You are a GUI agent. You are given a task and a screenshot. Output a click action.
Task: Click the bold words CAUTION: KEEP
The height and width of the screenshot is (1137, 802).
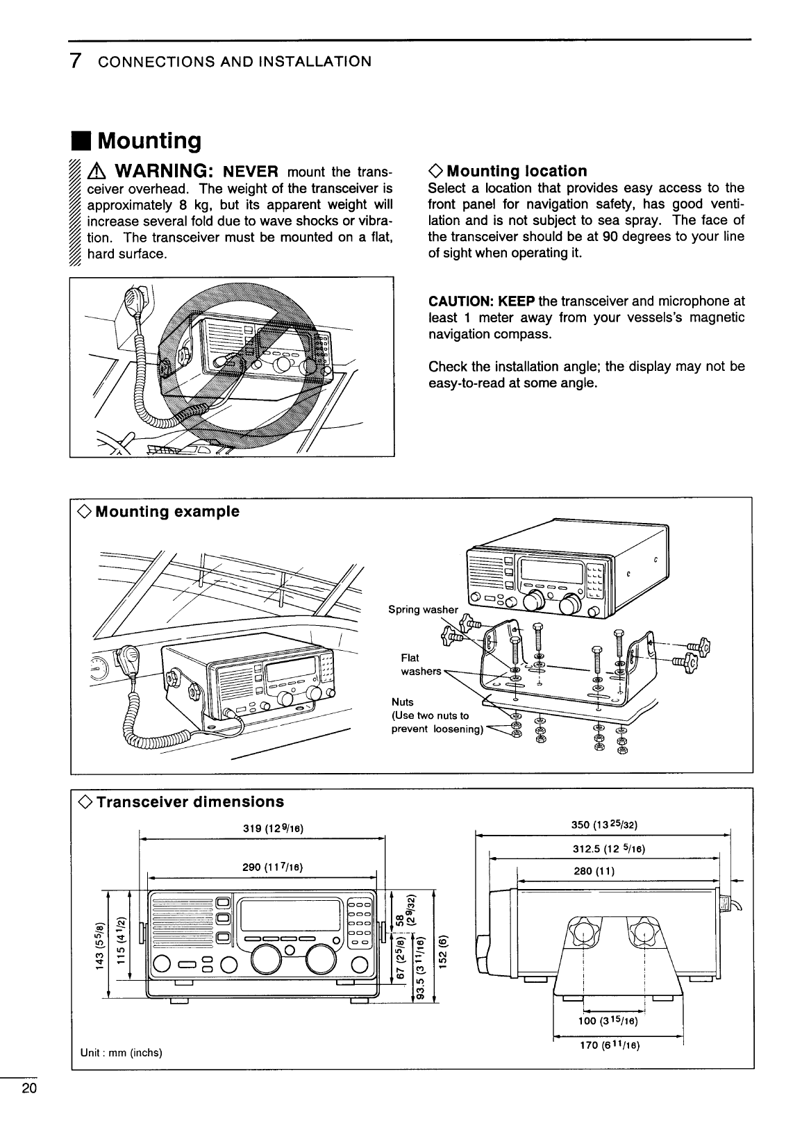481,301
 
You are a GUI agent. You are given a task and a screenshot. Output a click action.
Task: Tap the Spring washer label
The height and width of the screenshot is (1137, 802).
423,610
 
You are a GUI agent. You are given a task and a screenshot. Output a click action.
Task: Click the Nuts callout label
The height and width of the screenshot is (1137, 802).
403,702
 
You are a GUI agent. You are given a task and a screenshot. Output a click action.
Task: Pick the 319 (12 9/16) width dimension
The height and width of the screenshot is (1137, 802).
264,828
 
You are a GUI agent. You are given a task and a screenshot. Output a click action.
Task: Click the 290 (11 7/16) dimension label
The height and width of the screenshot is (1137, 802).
263,867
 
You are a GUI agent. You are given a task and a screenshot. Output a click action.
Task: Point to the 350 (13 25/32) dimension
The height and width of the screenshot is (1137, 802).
603,825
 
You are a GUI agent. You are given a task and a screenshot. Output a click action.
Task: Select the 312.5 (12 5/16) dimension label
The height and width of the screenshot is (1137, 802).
603,849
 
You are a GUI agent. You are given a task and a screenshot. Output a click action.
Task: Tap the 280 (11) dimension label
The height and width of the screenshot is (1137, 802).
594,871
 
